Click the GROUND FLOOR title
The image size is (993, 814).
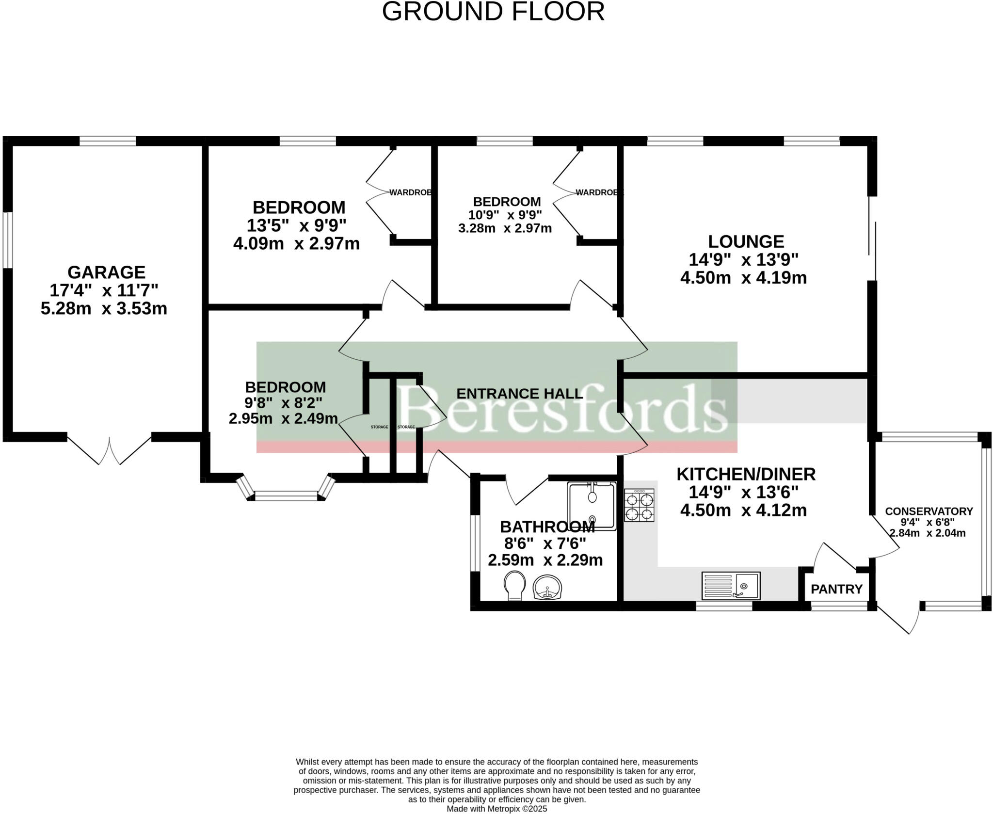493,12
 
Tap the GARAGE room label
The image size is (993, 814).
106,272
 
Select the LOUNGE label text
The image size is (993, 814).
746,241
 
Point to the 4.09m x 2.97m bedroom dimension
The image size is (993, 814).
296,243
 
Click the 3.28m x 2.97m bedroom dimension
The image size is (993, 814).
505,228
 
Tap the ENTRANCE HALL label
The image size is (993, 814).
519,394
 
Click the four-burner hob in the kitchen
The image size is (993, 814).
639,505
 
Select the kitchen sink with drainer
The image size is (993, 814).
731,586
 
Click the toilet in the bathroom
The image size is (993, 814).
514,585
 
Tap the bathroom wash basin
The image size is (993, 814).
547,588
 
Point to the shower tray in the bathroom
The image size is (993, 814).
592,506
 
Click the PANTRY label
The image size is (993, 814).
836,589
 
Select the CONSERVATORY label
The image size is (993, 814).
929,511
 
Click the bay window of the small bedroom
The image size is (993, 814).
286,495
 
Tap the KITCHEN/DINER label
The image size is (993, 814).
746,474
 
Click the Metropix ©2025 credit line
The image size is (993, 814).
496,809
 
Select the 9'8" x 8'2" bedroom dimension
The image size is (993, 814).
283,402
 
